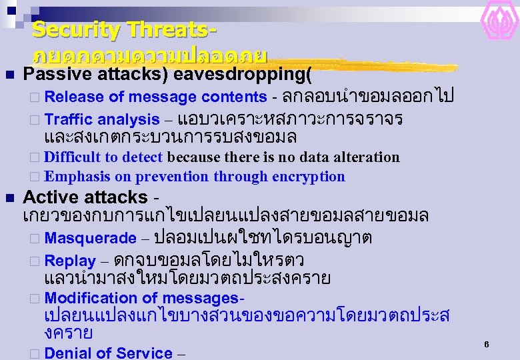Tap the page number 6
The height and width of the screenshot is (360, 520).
(487, 345)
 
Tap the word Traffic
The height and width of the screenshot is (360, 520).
(69, 120)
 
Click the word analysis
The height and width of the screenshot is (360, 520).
(128, 120)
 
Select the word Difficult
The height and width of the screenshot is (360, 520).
(72, 157)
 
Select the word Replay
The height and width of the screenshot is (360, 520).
(70, 261)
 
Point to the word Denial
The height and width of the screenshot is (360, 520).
(69, 353)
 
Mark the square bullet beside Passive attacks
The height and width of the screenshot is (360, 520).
(9, 75)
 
